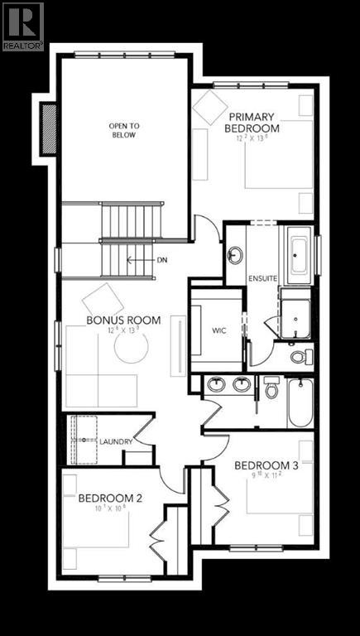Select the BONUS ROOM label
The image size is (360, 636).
123,320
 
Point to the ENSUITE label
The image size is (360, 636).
261,280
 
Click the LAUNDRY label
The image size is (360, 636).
116,441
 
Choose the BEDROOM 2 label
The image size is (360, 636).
111,499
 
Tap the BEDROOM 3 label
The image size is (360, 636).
266,465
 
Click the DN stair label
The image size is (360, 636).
162,259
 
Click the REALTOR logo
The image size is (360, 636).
22,25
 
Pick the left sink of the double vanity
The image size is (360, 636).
217,384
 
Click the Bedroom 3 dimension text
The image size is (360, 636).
266,475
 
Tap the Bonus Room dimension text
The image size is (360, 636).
125,331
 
